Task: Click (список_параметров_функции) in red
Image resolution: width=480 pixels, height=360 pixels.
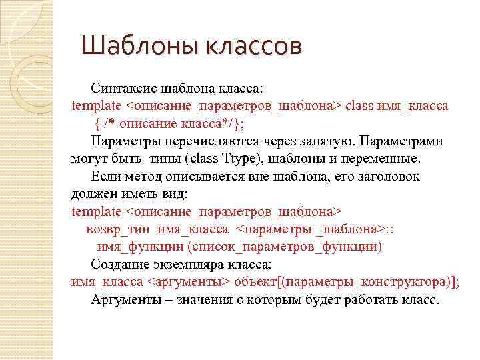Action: pyautogui.click(x=285, y=247)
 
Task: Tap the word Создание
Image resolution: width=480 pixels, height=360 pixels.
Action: pyautogui.click(x=117, y=264)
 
